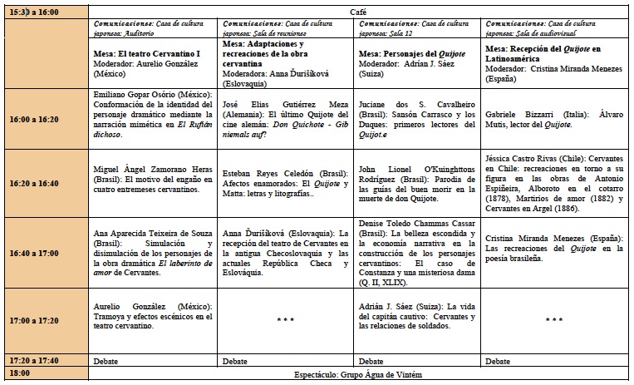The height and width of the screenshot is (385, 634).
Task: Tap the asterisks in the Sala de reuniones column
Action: [x=286, y=318]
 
